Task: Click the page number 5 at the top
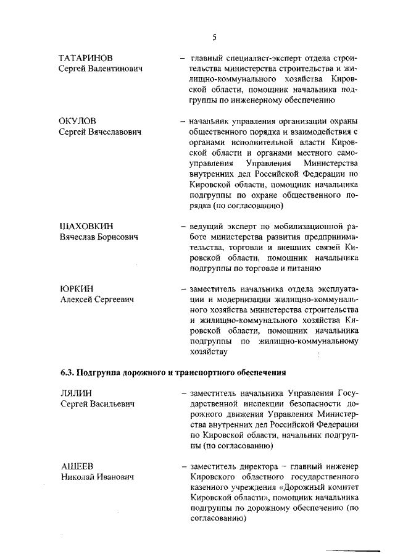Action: [214, 37]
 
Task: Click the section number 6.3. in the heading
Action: [67, 372]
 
